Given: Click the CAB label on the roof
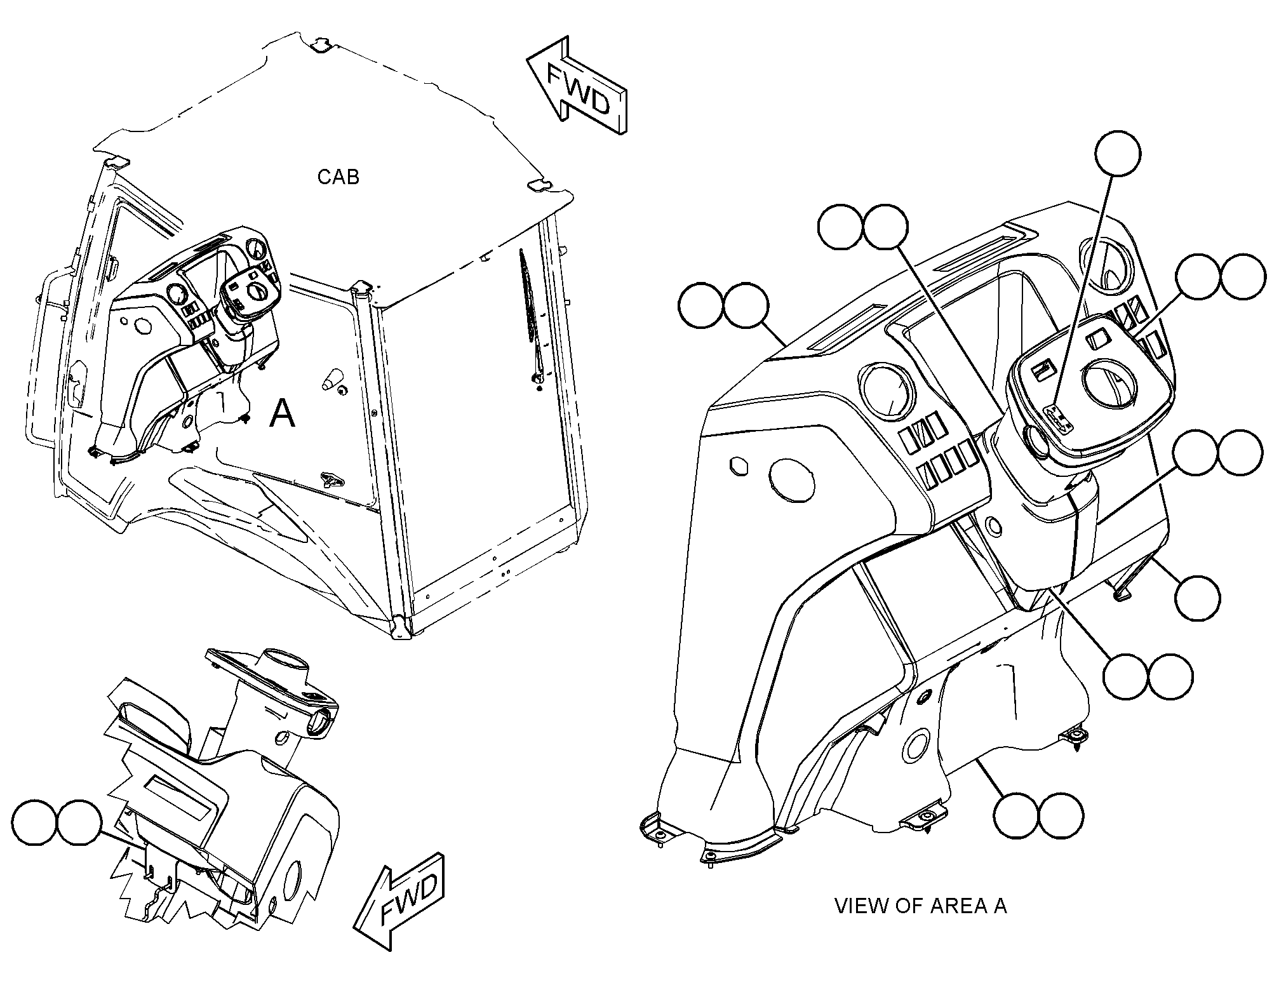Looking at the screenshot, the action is point(338,177).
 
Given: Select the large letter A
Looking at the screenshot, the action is point(283,413).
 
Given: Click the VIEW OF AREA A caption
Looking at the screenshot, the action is point(920,906).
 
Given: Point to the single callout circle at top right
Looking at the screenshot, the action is point(1118,154).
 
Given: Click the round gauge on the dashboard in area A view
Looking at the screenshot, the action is point(887,391).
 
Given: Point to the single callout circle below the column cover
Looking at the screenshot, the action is point(1197,598).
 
